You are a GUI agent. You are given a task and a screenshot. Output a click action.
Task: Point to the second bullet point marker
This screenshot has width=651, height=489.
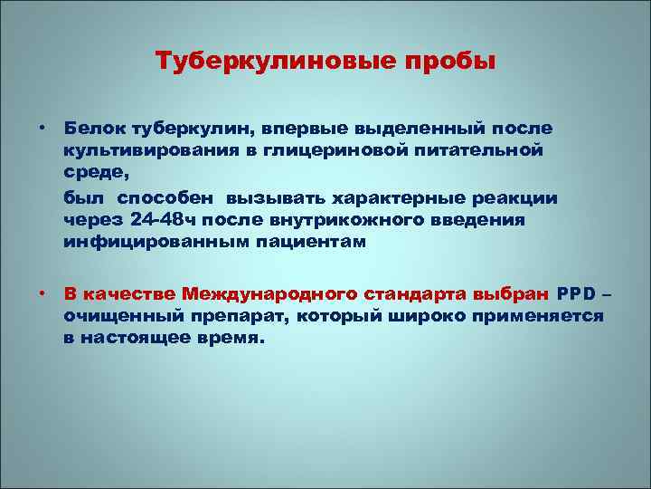(x=42, y=293)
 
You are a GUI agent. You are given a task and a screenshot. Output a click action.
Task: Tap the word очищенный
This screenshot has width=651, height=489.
(x=117, y=315)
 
